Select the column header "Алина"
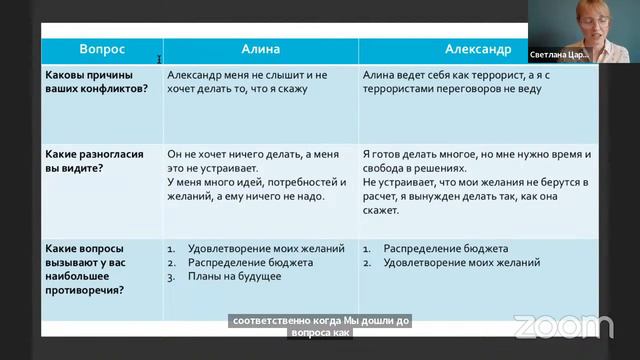[260, 49]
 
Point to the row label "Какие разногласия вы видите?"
[91, 161]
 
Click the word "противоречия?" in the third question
[85, 290]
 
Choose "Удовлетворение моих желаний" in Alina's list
[266, 248]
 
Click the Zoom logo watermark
[563, 326]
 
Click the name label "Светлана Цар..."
[559, 56]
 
